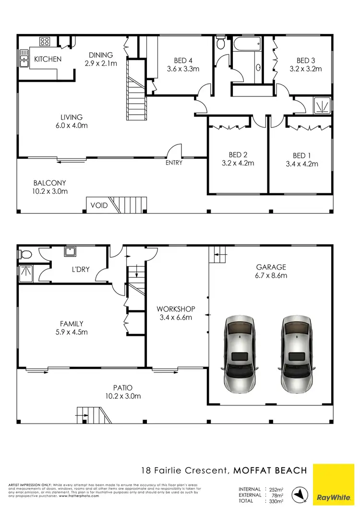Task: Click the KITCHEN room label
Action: [x=48, y=59]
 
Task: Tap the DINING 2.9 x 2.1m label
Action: [x=100, y=59]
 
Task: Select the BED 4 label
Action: [x=183, y=65]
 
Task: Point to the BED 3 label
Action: [x=306, y=65]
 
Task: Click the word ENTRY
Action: [x=174, y=163]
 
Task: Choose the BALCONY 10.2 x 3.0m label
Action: [x=50, y=187]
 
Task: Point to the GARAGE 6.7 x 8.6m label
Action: [x=271, y=272]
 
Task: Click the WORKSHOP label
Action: [x=174, y=313]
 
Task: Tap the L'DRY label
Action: [x=80, y=269]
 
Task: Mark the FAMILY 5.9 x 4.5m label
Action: [x=72, y=328]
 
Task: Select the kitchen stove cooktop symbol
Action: [x=45, y=41]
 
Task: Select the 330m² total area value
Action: [x=275, y=501]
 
